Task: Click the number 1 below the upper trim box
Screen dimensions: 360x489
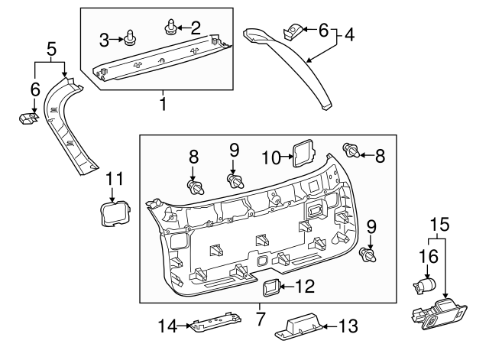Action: (x=163, y=101)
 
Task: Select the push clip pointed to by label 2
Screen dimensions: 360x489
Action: (x=169, y=30)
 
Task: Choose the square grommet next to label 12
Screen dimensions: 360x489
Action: (x=270, y=287)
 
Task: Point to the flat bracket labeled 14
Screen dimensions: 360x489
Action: (x=212, y=324)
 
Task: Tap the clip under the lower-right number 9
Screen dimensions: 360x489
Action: (x=369, y=255)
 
